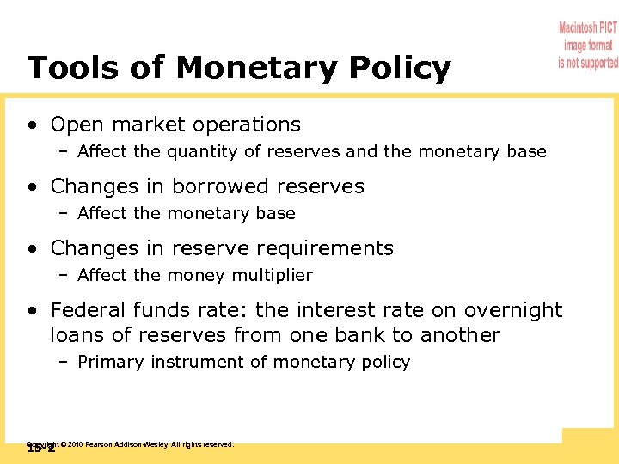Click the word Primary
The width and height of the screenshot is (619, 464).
tap(110, 363)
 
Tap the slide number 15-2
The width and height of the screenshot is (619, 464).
tap(40, 449)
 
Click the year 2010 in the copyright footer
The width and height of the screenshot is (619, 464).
tap(75, 444)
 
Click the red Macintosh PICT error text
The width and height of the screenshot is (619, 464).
tap(588, 46)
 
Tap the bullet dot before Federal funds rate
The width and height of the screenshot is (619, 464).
tap(32, 311)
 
